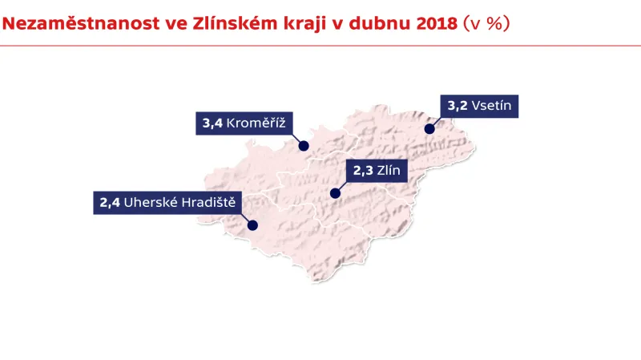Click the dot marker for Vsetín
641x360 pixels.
[429, 128]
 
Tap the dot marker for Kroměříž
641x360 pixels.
[304, 146]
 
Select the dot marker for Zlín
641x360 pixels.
[335, 193]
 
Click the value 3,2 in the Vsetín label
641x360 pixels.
[457, 105]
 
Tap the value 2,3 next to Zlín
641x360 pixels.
[362, 170]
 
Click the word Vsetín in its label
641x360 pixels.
[491, 105]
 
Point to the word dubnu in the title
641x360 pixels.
[381, 23]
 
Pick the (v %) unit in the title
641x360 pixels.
[486, 23]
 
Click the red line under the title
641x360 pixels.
[320, 46]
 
